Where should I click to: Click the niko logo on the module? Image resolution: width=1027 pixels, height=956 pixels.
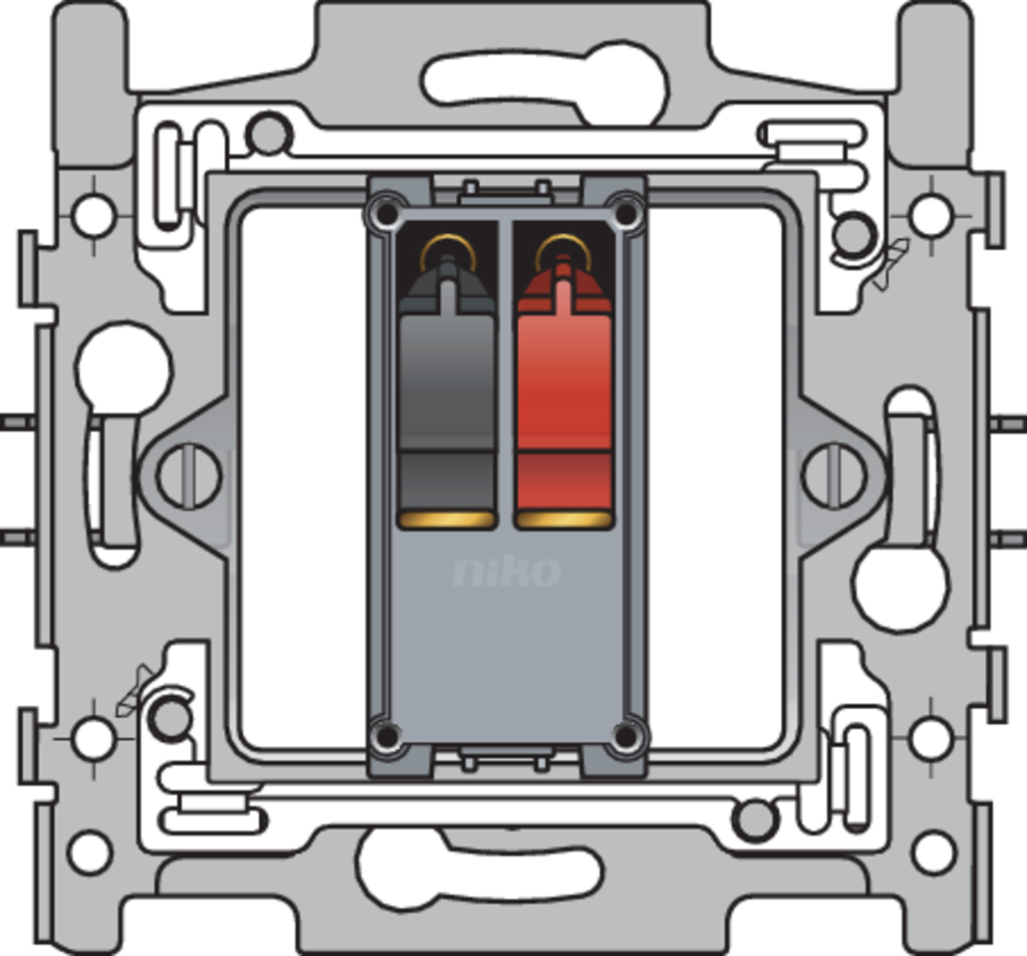(507, 572)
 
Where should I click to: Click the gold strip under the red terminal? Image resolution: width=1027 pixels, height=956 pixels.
(564, 521)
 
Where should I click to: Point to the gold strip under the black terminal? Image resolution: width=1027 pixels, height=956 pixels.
(447, 521)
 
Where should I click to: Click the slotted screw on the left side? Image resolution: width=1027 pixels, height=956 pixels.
(189, 475)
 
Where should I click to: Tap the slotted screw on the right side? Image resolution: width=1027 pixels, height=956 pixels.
(833, 475)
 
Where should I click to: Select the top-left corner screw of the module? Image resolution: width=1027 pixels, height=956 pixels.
(387, 213)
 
